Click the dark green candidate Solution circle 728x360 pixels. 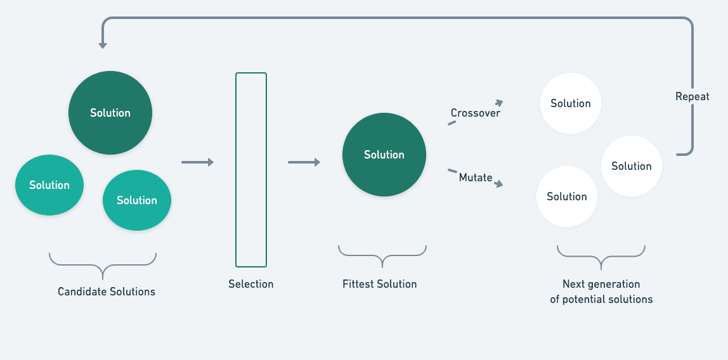pyautogui.click(x=110, y=113)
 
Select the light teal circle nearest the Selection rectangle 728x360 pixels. pyautogui.click(x=137, y=200)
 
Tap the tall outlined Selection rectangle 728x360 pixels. pyautogui.click(x=251, y=170)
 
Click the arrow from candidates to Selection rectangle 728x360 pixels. pyautogui.click(x=198, y=162)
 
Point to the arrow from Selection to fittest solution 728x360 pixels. pyautogui.click(x=304, y=162)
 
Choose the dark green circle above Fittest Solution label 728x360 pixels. pyautogui.click(x=384, y=155)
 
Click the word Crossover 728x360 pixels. pyautogui.click(x=476, y=113)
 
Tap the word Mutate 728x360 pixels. pyautogui.click(x=476, y=177)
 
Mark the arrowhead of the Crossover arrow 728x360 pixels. pyautogui.click(x=499, y=103)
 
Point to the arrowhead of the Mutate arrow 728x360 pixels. pyautogui.click(x=499, y=184)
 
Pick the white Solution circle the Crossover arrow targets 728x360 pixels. pyautogui.click(x=571, y=103)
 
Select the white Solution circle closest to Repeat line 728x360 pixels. pyautogui.click(x=632, y=166)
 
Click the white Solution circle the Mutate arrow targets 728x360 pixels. pyautogui.click(x=567, y=196)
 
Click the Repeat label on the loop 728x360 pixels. pyautogui.click(x=692, y=97)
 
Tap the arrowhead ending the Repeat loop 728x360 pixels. pyautogui.click(x=103, y=45)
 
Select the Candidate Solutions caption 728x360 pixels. pyautogui.click(x=107, y=292)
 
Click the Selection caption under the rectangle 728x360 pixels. pyautogui.click(x=251, y=284)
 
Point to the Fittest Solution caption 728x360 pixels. pyautogui.click(x=380, y=284)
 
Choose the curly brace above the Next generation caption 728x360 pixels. pyautogui.click(x=601, y=257)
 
